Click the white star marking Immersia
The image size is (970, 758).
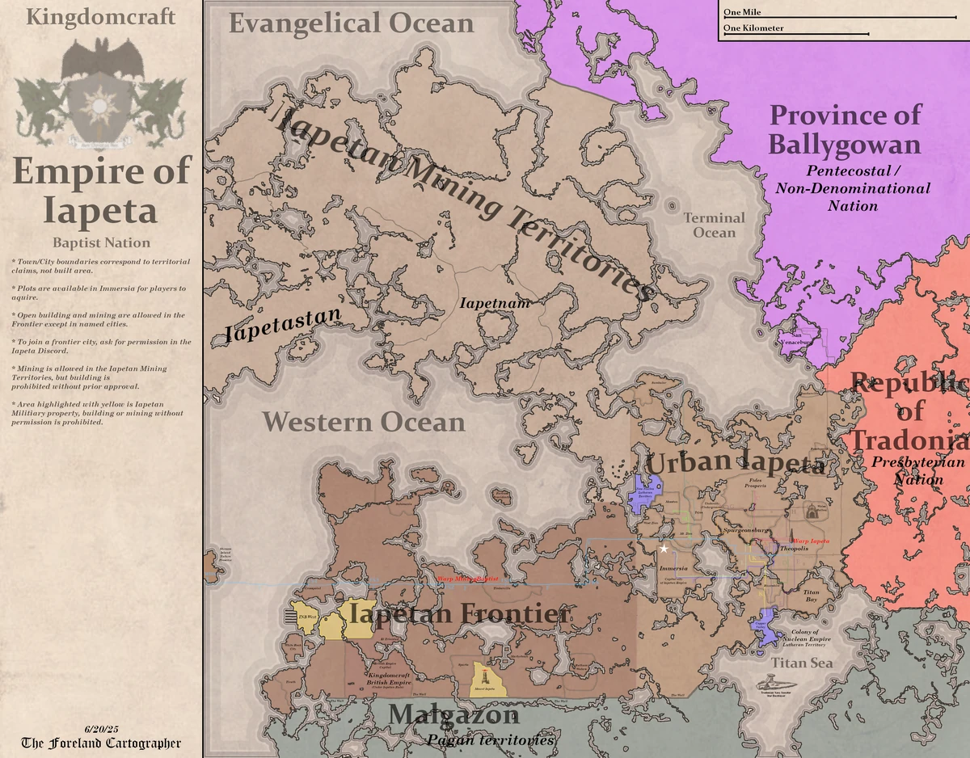pos(664,549)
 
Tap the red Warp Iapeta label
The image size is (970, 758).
pos(809,540)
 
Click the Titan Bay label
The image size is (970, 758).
pos(812,596)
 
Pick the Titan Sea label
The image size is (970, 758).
pos(801,663)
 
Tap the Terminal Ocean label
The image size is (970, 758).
pos(715,225)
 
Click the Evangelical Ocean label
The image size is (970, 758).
pos(351,23)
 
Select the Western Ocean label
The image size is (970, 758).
pos(364,422)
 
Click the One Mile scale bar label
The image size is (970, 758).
pos(741,12)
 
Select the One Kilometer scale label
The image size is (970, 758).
pos(753,28)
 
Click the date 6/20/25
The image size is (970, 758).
pos(101,730)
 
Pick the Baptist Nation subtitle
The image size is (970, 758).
pos(101,242)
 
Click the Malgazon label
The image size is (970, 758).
pos(452,715)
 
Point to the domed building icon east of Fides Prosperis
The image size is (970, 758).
pos(811,511)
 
